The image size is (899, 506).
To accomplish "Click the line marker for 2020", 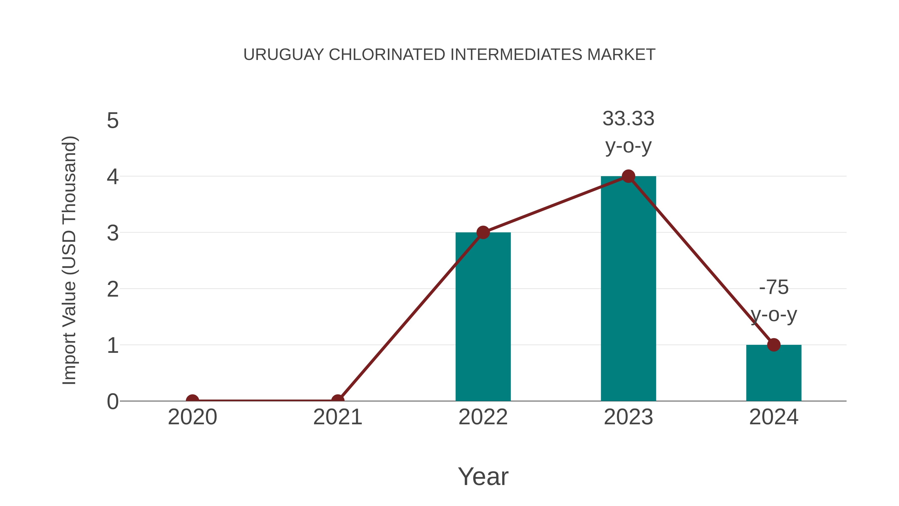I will coord(192,400).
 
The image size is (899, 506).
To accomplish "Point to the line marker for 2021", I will coord(337,400).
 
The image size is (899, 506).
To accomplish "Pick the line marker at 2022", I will coord(483,232).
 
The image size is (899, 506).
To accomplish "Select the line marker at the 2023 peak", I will coord(628,176).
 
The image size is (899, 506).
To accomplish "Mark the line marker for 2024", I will coord(774,345).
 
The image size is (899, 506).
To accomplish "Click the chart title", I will coord(449,55).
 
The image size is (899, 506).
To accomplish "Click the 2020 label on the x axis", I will coord(192,417).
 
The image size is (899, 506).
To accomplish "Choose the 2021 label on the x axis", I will coord(337,417).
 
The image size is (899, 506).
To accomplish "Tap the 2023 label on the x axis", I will coord(628,417).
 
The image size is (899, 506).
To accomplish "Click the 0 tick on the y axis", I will coord(113,402).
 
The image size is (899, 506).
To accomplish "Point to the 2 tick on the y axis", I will coord(113,289).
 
